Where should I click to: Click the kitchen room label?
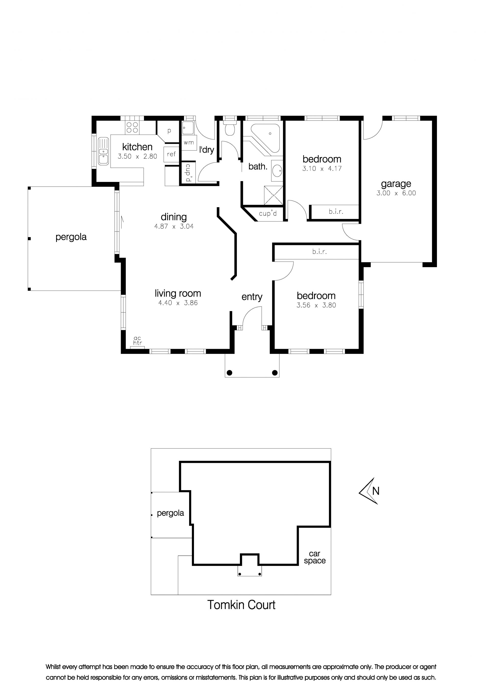(x=137, y=147)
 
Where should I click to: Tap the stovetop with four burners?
(x=132, y=127)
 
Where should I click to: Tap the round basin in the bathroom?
(x=277, y=171)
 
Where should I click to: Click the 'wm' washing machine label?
(x=189, y=142)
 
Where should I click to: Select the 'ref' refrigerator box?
(x=171, y=154)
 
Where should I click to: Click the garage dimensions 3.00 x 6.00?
(x=396, y=193)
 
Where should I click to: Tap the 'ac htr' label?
(x=137, y=341)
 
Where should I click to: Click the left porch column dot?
(x=229, y=373)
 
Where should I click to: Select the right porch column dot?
(x=275, y=373)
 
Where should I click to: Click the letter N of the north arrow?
(x=376, y=491)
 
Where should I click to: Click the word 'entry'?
(x=252, y=297)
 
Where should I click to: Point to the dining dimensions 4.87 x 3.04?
(x=174, y=226)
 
